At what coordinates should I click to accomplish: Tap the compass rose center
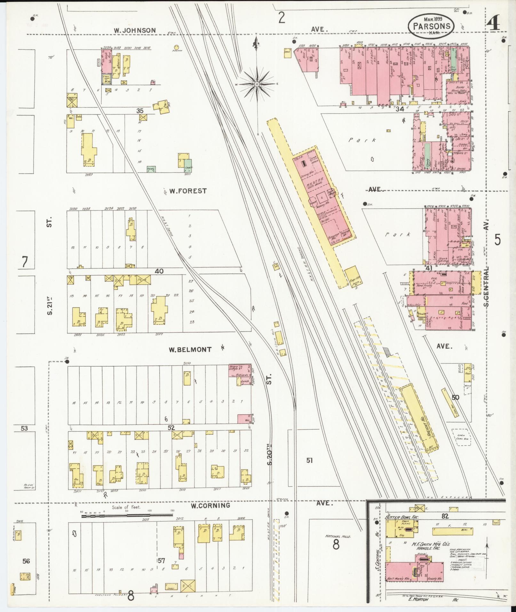point(257,84)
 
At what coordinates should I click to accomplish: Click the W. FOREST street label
point(188,191)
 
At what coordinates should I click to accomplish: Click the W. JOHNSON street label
point(135,30)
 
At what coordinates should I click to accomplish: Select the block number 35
point(140,111)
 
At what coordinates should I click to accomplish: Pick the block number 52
point(171,428)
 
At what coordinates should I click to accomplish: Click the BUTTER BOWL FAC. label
point(401,517)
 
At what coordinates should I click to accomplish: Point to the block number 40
point(159,271)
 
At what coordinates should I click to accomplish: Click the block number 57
point(161,560)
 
